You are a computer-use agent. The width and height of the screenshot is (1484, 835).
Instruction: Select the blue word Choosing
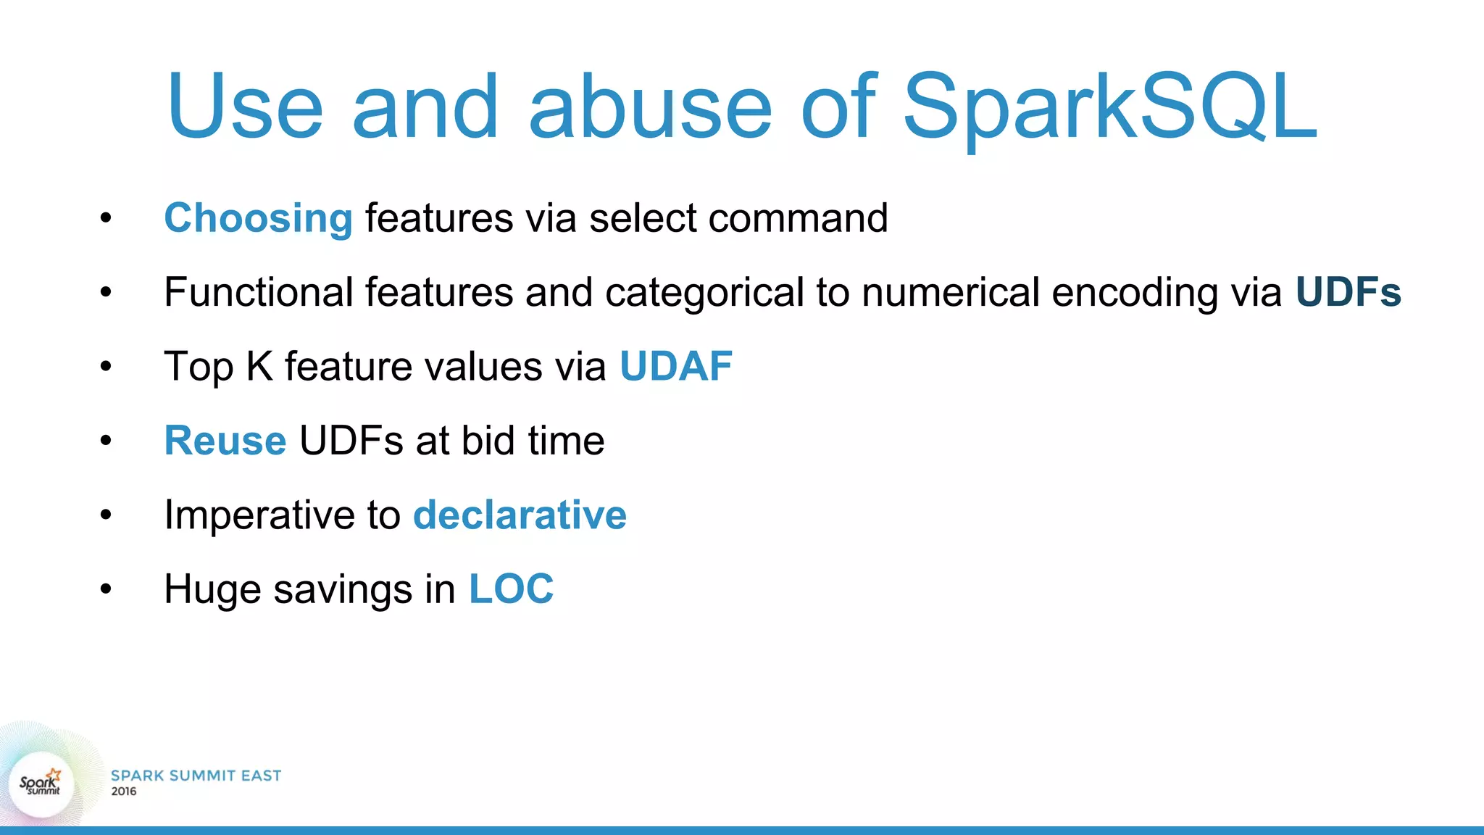259,219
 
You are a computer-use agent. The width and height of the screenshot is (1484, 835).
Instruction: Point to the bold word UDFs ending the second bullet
1348,292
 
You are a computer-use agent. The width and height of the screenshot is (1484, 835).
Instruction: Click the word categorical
705,294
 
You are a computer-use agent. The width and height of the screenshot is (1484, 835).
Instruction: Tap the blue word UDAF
676,366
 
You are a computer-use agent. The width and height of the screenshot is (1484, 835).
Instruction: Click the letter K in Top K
259,366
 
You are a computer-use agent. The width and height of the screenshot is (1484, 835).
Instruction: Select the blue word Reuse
225,441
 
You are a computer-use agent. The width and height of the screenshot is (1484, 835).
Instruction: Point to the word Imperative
259,516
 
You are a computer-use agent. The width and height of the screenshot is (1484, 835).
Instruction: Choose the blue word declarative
520,515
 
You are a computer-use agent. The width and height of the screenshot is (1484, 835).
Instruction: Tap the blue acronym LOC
512,589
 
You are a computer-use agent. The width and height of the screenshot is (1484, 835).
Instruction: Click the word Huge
212,590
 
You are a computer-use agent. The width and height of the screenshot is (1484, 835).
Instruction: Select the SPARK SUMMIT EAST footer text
196,776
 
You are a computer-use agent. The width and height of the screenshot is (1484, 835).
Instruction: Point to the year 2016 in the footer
123,792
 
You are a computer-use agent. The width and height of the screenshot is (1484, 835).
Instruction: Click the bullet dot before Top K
107,366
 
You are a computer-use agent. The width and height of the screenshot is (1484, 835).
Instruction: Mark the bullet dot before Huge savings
107,589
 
